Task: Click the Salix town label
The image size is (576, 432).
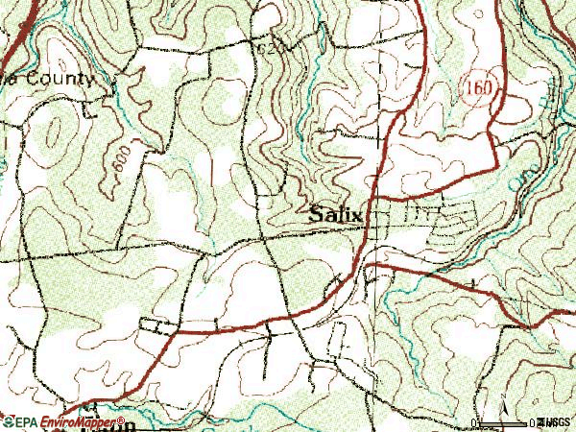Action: (x=336, y=216)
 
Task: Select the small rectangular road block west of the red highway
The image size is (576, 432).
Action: (x=154, y=324)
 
